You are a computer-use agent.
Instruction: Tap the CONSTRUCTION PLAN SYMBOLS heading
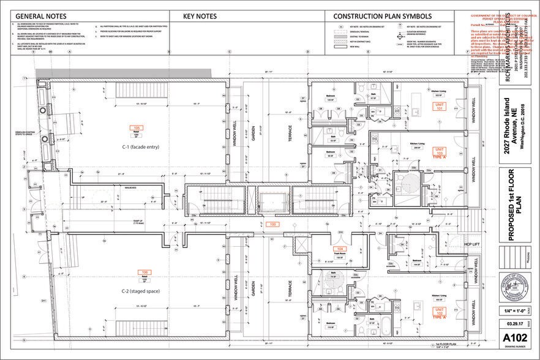coord(383,16)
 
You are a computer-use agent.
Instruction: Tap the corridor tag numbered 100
coord(273,225)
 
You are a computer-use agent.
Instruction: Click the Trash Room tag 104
coord(340,249)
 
